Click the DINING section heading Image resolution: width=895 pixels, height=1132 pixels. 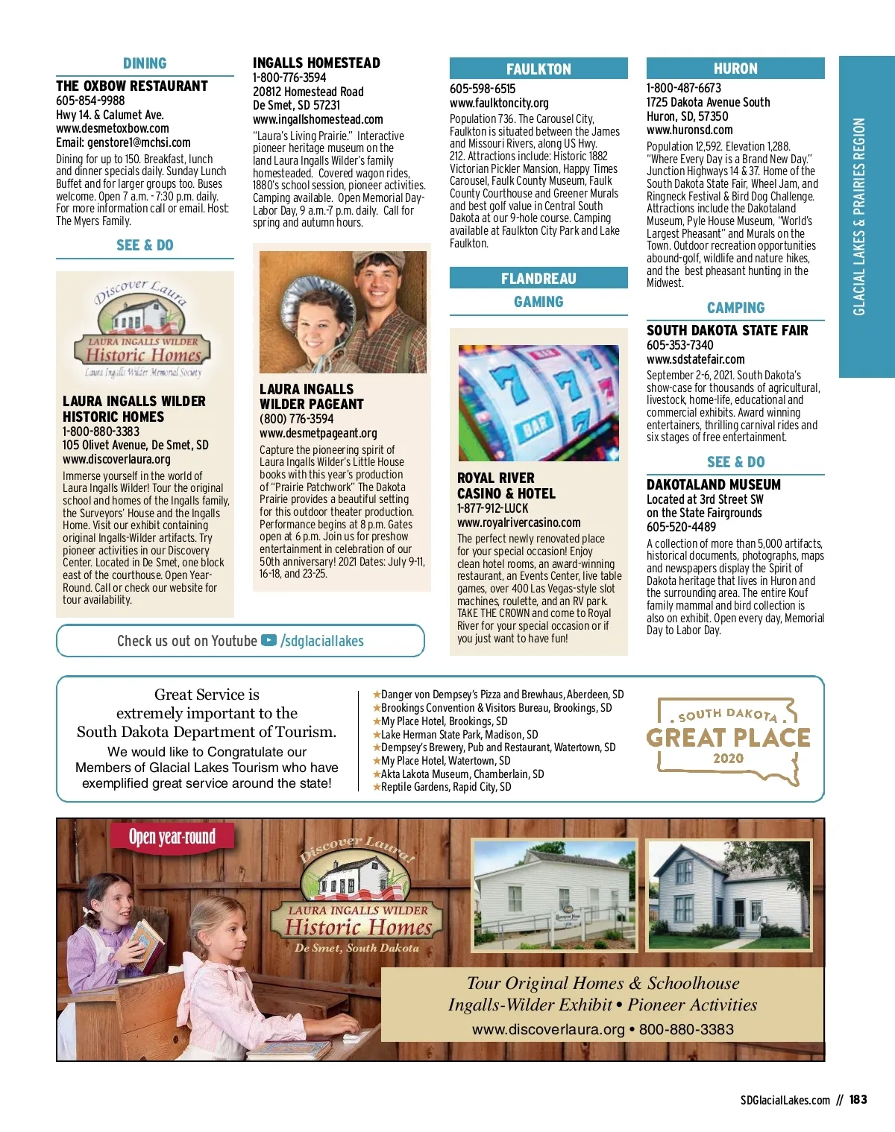[145, 64]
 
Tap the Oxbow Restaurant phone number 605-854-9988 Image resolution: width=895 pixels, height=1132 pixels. [90, 101]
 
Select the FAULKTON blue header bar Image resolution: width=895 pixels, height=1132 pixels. [538, 69]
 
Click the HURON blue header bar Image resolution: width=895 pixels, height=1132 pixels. [735, 69]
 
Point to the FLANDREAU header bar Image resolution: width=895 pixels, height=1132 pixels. [538, 279]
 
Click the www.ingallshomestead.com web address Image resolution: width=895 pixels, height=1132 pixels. [318, 119]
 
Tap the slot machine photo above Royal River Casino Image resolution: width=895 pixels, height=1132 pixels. [538, 402]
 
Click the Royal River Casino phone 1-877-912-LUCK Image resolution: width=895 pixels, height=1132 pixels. [492, 508]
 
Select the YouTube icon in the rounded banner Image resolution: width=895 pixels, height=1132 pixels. [269, 641]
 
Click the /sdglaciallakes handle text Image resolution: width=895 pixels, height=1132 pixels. [322, 641]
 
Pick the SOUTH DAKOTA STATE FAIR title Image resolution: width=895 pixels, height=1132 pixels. [727, 330]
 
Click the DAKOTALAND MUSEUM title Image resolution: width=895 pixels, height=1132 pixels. [714, 484]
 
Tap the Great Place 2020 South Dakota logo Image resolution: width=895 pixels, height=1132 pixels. [728, 738]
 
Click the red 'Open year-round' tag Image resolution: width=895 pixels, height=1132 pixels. [172, 837]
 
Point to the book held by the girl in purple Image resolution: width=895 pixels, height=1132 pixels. [147, 942]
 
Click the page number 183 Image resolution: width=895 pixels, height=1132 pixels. [858, 1099]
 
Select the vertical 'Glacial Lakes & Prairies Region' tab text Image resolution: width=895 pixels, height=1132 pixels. [859, 216]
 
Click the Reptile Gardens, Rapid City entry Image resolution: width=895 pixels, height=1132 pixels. [445, 787]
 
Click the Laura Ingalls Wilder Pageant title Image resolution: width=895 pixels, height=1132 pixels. [312, 396]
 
